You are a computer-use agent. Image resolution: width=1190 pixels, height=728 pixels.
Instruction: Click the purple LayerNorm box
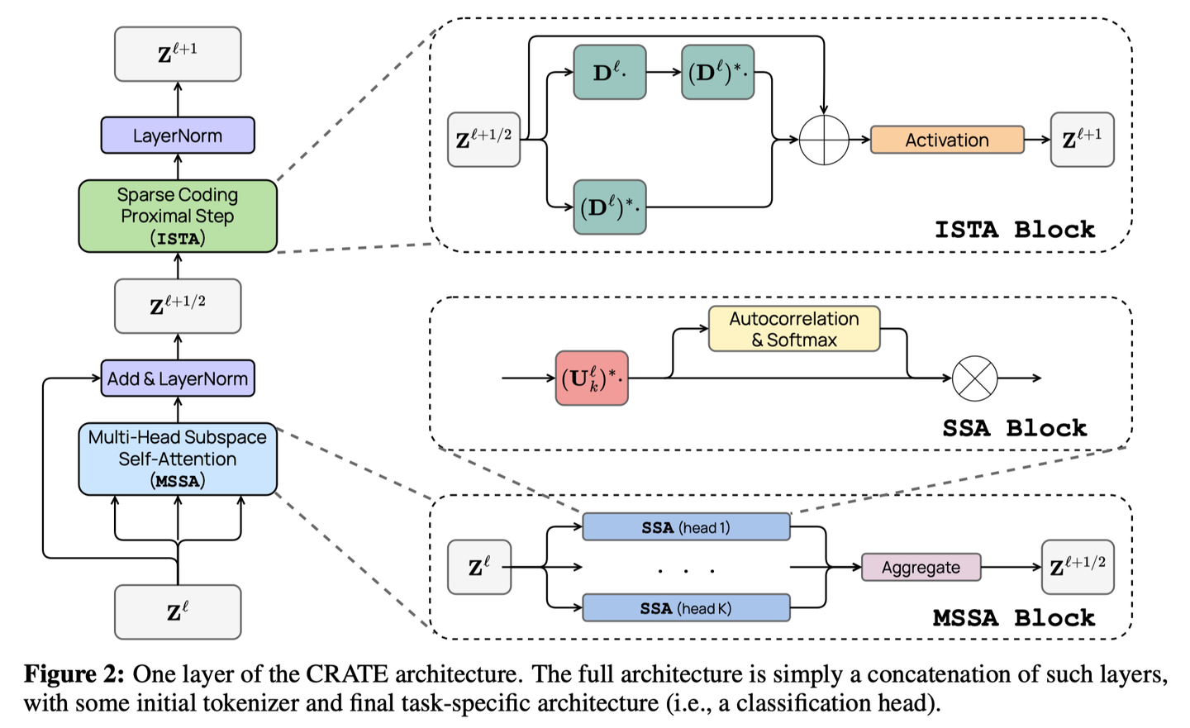click(178, 136)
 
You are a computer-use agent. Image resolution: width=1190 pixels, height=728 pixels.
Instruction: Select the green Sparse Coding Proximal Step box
click(178, 216)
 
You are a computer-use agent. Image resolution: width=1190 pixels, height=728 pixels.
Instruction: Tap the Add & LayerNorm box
click(178, 378)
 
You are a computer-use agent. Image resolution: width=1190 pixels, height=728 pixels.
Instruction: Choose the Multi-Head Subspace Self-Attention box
click(178, 459)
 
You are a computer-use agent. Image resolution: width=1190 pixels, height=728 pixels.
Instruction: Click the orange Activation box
click(947, 140)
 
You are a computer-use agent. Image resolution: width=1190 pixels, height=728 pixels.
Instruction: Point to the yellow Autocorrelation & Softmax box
click(793, 329)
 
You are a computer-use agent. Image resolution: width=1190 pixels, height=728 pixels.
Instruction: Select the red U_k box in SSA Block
click(592, 378)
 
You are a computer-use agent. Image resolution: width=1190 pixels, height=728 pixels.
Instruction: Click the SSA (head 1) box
click(686, 527)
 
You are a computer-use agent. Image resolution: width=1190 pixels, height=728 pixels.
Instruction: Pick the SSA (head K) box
click(686, 608)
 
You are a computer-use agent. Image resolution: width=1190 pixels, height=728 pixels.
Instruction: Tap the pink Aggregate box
click(921, 568)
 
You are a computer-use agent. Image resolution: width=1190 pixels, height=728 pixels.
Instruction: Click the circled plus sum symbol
click(824, 140)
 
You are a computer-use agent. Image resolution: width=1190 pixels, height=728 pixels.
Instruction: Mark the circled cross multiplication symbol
click(975, 378)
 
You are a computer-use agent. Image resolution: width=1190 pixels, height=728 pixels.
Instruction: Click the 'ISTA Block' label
click(1014, 230)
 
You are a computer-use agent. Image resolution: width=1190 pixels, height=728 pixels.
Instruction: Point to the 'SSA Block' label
click(1014, 428)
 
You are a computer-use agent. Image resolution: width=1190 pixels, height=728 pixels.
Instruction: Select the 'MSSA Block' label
click(1013, 618)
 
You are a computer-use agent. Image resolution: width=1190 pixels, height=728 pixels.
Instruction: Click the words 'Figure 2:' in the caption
click(74, 674)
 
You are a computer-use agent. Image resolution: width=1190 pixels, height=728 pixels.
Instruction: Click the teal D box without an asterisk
click(610, 73)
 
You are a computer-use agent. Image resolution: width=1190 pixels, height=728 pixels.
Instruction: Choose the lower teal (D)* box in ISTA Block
click(610, 207)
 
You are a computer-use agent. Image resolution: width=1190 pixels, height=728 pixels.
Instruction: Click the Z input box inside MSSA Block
click(479, 568)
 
